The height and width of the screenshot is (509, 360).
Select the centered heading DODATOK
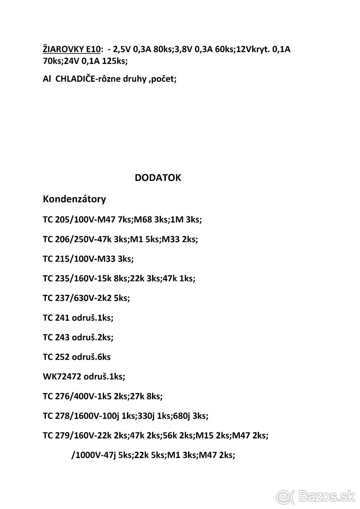click(157, 178)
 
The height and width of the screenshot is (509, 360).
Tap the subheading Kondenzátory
click(74, 199)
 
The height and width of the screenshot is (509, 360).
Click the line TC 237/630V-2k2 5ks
click(86, 298)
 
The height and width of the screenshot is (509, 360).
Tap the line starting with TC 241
click(78, 318)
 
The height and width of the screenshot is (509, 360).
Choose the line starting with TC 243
click(78, 337)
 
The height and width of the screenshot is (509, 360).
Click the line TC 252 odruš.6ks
click(76, 357)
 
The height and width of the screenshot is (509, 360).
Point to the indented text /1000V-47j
click(93, 455)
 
